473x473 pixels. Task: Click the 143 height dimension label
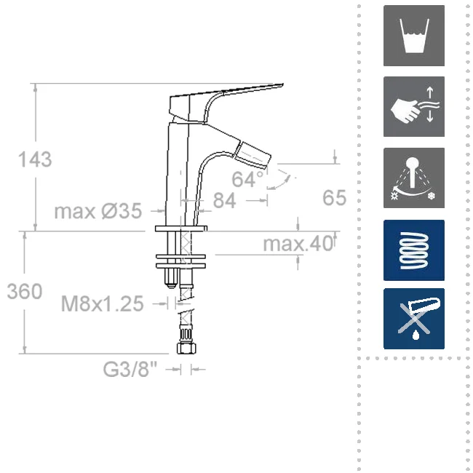[35, 159]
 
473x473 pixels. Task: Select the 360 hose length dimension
[25, 292]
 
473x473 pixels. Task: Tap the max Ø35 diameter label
[98, 211]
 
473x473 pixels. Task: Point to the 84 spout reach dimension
[224, 200]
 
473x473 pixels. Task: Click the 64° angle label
[247, 179]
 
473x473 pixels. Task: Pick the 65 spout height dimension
[334, 198]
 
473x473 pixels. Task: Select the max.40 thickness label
[298, 244]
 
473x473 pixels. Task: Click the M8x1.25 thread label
[103, 303]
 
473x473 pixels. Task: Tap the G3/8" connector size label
[130, 369]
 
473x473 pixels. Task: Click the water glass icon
[414, 36]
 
